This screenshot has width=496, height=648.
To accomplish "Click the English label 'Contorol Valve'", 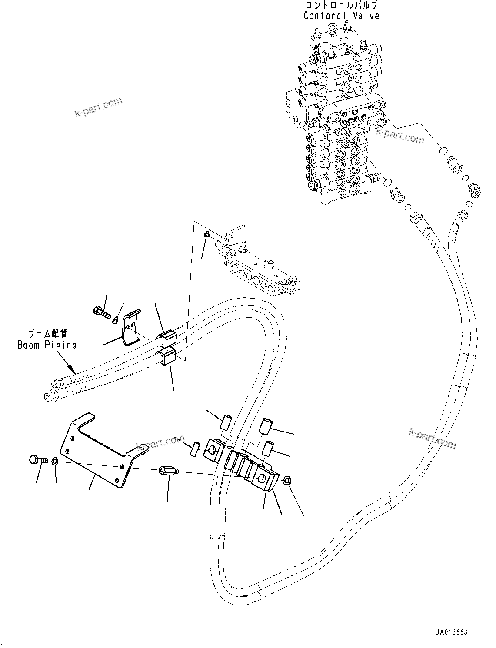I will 341,16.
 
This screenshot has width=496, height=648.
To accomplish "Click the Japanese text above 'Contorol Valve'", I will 341,6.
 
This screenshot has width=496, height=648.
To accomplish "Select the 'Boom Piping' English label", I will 47,345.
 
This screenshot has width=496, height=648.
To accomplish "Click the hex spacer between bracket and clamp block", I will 168,471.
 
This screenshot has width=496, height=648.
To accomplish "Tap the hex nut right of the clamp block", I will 287,481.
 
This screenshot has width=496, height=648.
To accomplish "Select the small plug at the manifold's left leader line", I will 207,235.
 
